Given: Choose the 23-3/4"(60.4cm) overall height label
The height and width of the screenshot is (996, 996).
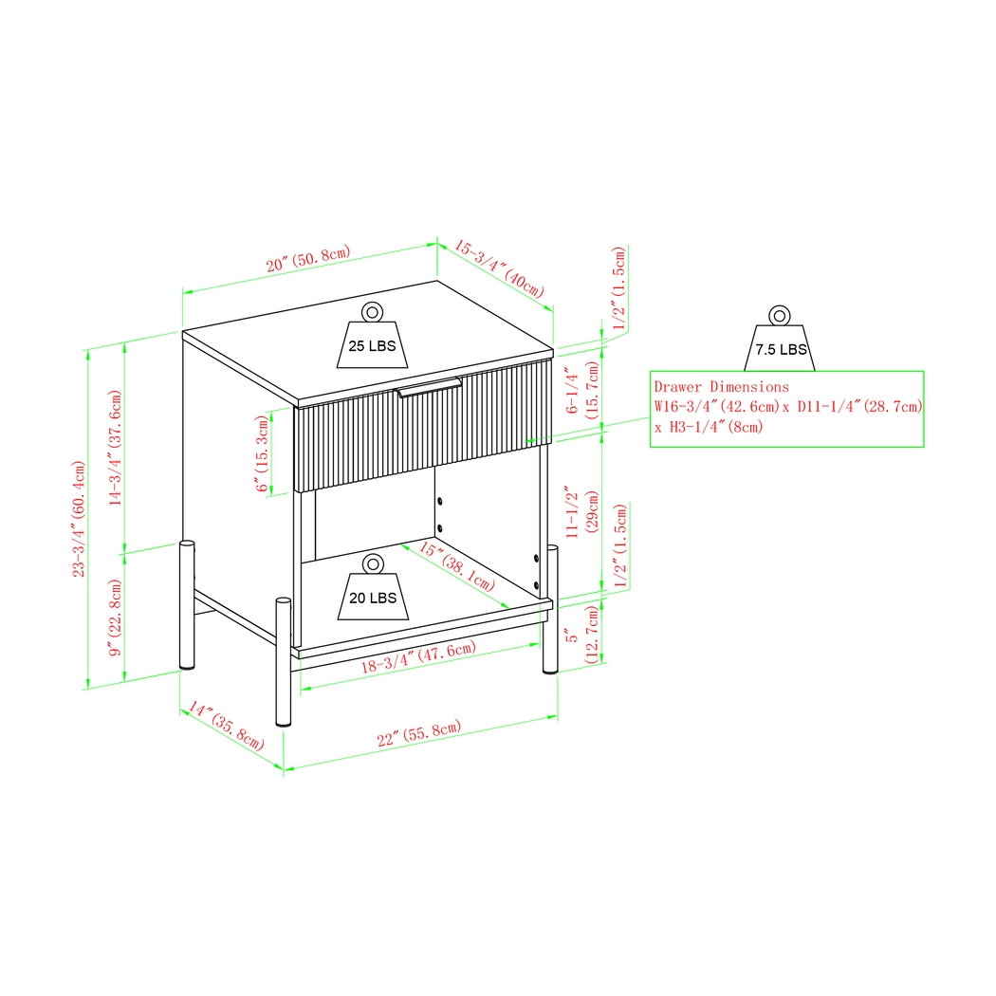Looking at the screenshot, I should click(80, 519).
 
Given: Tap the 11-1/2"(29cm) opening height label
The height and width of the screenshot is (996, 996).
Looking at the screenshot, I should click(581, 515).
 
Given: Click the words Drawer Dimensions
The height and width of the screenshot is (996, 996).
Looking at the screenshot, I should click(721, 387).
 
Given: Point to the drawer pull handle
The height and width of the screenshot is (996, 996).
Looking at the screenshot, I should click(430, 388).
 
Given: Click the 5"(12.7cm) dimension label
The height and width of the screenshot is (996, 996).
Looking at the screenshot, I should click(581, 644).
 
